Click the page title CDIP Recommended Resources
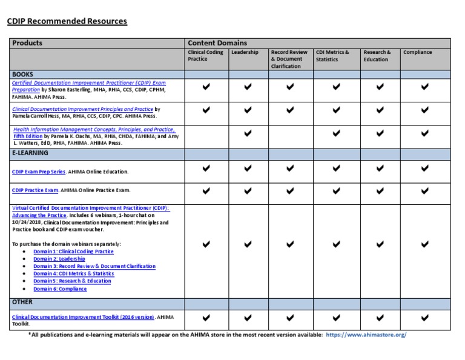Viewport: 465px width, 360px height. tap(67, 21)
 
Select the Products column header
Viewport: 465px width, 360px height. tap(27, 43)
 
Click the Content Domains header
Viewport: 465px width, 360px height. tap(217, 43)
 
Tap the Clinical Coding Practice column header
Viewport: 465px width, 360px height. tap(206, 56)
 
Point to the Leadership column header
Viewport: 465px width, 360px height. tap(245, 52)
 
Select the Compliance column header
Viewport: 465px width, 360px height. tap(418, 52)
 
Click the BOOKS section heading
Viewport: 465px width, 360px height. tap(22, 74)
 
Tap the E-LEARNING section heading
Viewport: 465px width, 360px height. tap(30, 153)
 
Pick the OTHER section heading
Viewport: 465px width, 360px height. tap(22, 302)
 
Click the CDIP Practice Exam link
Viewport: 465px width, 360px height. tap(35, 190)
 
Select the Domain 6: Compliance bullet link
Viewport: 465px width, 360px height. tap(60, 288)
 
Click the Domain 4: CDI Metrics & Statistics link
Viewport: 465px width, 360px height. tap(73, 273)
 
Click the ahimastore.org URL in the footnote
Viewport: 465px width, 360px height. tap(366, 335)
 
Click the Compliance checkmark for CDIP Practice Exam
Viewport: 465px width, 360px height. tap(424, 190)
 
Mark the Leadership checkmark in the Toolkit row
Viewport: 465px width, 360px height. tap(248, 317)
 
